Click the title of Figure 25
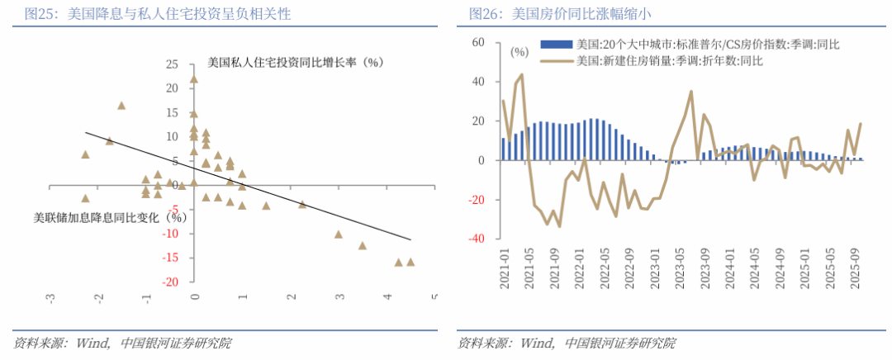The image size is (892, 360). [157, 14]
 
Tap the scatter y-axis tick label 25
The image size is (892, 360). [173, 64]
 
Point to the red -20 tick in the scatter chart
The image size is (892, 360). [171, 282]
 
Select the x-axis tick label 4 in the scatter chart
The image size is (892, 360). [387, 297]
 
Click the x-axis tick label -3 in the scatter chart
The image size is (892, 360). [50, 297]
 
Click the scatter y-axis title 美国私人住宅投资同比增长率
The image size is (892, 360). [297, 62]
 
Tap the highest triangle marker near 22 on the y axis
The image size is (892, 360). [194, 79]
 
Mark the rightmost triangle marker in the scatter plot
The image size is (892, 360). [410, 262]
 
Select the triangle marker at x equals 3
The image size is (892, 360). [338, 234]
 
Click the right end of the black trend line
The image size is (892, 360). [410, 240]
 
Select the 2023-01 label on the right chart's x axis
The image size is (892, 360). [656, 268]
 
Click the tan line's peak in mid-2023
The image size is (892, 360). [690, 92]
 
